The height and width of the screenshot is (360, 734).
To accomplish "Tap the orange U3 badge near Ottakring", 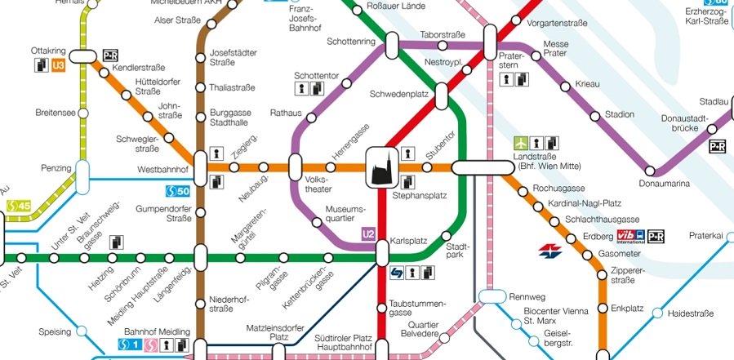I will coord(58,65).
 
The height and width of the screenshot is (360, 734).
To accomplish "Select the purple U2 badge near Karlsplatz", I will coord(368,235).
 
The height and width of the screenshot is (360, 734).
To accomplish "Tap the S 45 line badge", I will coord(18,207).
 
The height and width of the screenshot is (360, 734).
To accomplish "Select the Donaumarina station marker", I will coord(651,171).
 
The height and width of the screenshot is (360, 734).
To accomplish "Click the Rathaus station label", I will coord(286,113).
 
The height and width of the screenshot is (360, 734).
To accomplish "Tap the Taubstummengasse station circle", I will coord(381,308).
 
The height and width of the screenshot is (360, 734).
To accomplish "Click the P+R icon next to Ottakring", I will coord(111,56).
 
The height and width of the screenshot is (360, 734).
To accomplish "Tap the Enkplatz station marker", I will coord(603,309).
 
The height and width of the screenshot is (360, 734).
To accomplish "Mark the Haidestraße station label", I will coord(691,313).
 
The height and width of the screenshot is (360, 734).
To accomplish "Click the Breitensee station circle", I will coord(82,113).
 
